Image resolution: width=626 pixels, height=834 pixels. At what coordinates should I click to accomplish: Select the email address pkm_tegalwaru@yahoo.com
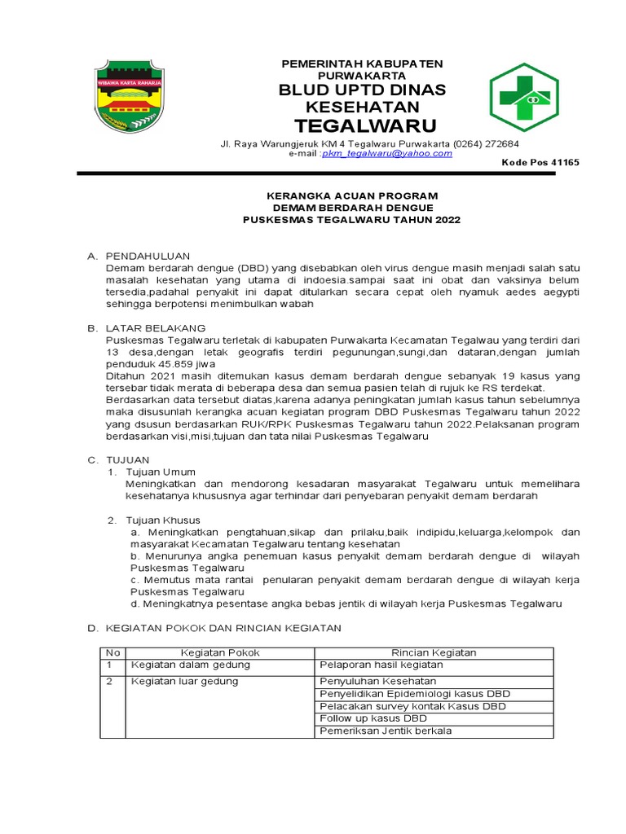click(x=387, y=153)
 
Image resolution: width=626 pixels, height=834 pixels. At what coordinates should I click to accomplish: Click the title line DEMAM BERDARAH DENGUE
click(x=353, y=208)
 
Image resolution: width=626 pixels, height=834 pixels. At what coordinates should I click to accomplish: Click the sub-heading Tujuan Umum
click(x=160, y=472)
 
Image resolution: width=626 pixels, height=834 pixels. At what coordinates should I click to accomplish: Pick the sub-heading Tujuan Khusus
click(x=162, y=520)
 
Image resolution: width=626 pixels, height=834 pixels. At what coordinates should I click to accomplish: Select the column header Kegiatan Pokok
click(x=219, y=652)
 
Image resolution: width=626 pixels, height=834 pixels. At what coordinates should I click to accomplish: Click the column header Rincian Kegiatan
click(x=434, y=652)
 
